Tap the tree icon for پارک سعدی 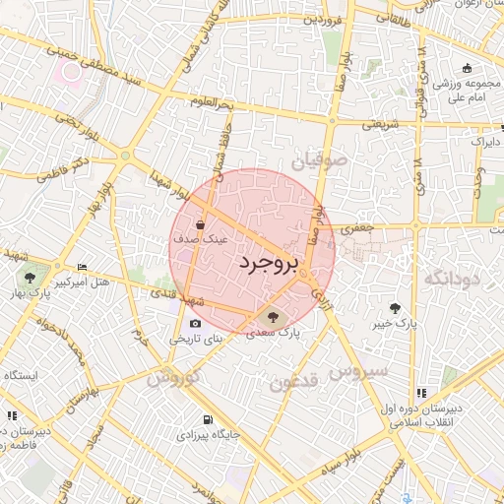pos(273,317)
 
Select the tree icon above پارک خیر pos(396,306)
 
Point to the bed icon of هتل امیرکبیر pos(82,267)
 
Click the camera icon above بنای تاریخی pos(195,324)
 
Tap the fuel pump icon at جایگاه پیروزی pos(206,419)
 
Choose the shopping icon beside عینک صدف pos(199,223)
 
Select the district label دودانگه pos(452,279)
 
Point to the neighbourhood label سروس pos(360,372)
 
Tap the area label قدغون pos(295,381)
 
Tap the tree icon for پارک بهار pos(31,277)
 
